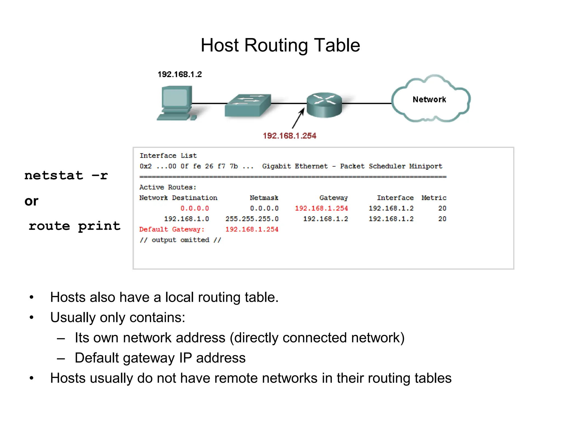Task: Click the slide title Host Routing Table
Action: pyautogui.click(x=280, y=45)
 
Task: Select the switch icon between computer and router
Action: pyautogui.click(x=248, y=106)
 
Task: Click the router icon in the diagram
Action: pyautogui.click(x=324, y=105)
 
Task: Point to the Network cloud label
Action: pyautogui.click(x=429, y=99)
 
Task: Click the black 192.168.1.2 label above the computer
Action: pyautogui.click(x=180, y=74)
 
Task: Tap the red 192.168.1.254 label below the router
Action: pyautogui.click(x=290, y=136)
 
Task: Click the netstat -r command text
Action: pyautogui.click(x=66, y=175)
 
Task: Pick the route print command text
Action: pyautogui.click(x=75, y=226)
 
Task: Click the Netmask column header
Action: pyautogui.click(x=264, y=198)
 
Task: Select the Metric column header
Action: pyautogui.click(x=434, y=198)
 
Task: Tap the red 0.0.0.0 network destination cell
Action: pyautogui.click(x=194, y=208)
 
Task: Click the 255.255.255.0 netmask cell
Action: pyautogui.click(x=252, y=219)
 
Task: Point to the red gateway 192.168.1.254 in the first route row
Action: pyautogui.click(x=321, y=208)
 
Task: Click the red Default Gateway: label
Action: pyautogui.click(x=172, y=229)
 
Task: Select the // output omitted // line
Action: pyautogui.click(x=180, y=240)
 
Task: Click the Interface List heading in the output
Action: pyautogui.click(x=168, y=156)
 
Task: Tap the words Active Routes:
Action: pyautogui.click(x=168, y=187)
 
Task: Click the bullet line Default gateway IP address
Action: pyautogui.click(x=160, y=358)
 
